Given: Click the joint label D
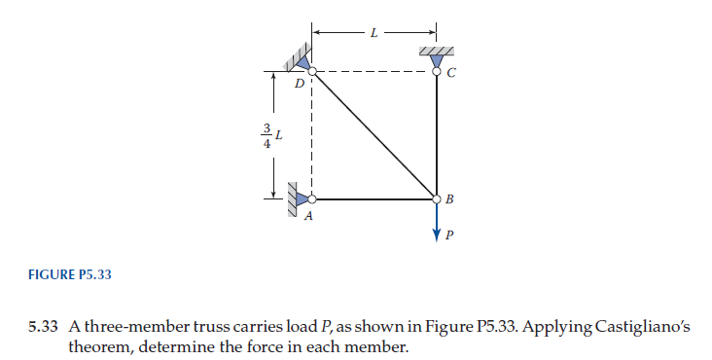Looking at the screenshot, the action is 300,84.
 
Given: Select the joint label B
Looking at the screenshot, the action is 448,199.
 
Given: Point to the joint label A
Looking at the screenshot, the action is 308,216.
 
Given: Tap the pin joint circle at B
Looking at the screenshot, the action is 436,198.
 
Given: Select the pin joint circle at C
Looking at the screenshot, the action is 436,70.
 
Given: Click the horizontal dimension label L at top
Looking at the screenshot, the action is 374,33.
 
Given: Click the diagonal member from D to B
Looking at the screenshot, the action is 374,134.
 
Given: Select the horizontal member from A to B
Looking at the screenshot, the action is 374,198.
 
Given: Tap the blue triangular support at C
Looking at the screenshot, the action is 436,60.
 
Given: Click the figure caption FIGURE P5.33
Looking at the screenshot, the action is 70,274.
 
